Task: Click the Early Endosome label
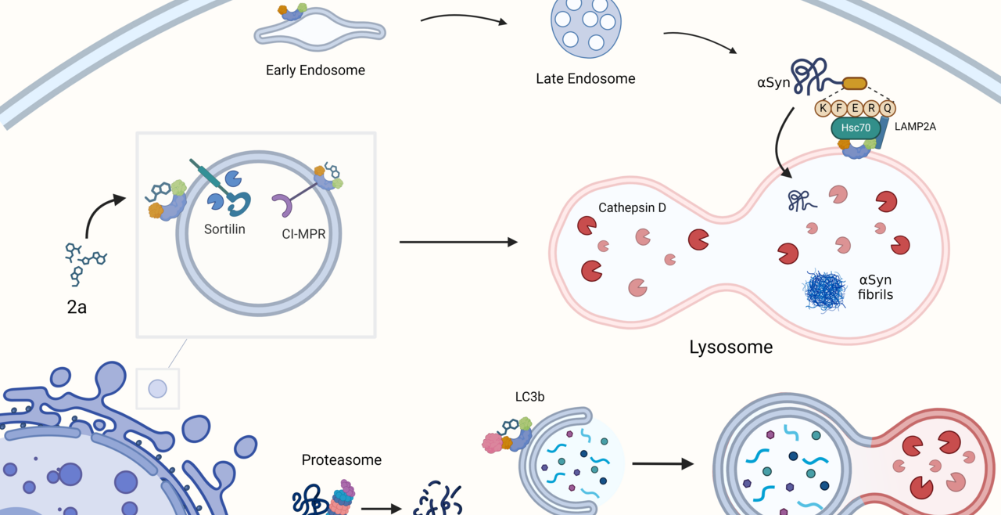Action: pos(315,70)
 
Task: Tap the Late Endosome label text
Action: pos(585,78)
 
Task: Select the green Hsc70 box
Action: pos(855,128)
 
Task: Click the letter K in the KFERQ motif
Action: pos(823,108)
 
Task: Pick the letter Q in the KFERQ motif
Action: pos(888,108)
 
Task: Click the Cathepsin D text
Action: pos(632,208)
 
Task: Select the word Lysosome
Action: pos(730,347)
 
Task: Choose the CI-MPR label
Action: pos(303,232)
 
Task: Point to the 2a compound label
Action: pos(77,307)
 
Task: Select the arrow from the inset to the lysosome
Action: pos(458,243)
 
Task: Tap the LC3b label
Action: pos(531,397)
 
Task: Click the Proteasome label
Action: pos(342,460)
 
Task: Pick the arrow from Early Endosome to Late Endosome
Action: pos(464,19)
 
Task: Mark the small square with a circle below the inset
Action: pos(157,388)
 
